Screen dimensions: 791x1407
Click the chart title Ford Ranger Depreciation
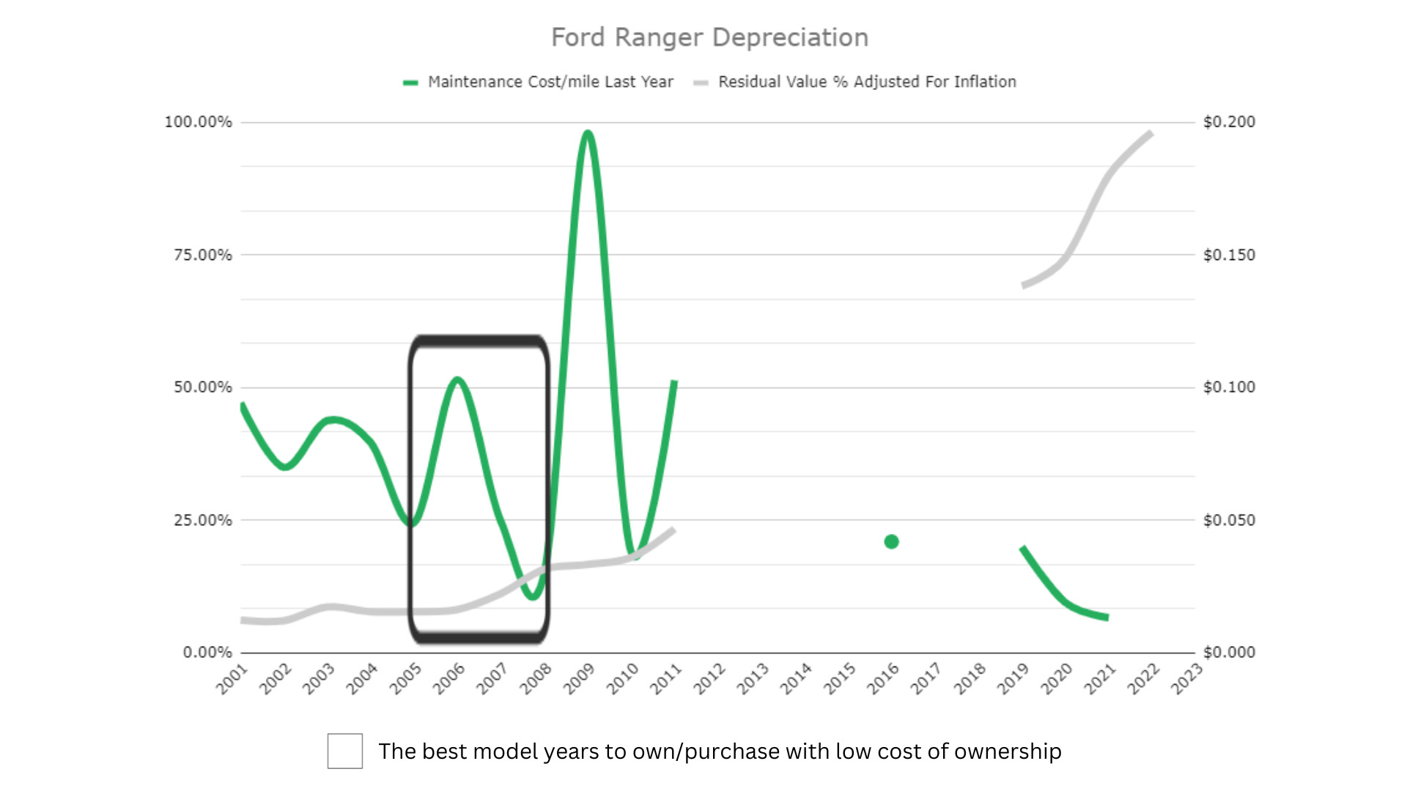pyautogui.click(x=709, y=37)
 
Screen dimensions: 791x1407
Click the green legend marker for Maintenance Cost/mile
pyautogui.click(x=410, y=83)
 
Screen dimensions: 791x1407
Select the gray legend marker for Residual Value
pyautogui.click(x=701, y=83)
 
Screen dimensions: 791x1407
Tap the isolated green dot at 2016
pyautogui.click(x=891, y=542)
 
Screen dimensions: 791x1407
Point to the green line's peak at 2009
pyautogui.click(x=588, y=133)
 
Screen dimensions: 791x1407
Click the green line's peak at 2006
pyautogui.click(x=457, y=379)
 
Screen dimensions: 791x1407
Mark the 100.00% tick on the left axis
pyautogui.click(x=198, y=122)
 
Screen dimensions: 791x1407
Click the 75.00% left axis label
pyautogui.click(x=202, y=255)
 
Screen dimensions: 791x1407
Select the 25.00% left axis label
pyautogui.click(x=202, y=520)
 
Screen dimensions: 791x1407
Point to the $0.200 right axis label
pyautogui.click(x=1229, y=122)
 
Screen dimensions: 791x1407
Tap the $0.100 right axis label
pyautogui.click(x=1229, y=387)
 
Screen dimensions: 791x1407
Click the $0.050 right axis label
pyautogui.click(x=1229, y=520)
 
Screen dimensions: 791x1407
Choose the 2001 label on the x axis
pyautogui.click(x=232, y=679)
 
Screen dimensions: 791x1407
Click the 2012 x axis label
pyautogui.click(x=709, y=679)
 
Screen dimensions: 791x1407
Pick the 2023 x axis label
pyautogui.click(x=1186, y=679)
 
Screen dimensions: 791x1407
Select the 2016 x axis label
pyautogui.click(x=883, y=679)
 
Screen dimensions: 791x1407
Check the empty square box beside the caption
pyautogui.click(x=344, y=751)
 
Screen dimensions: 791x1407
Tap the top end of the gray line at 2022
pyautogui.click(x=1150, y=134)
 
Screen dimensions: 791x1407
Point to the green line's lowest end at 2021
pyautogui.click(x=1106, y=617)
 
